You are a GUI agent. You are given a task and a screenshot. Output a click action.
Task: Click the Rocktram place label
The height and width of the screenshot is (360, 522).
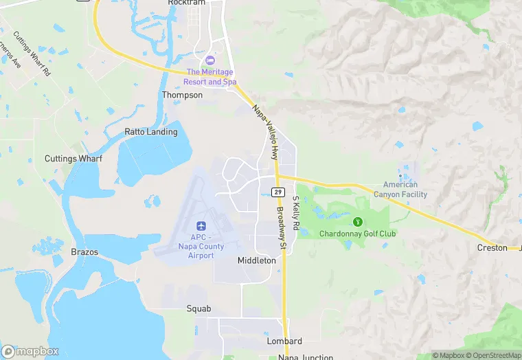186,3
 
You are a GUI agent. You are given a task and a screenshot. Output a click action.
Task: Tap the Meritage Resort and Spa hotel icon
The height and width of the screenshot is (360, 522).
210,60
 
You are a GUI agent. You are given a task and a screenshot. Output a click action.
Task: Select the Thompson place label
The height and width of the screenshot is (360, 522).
182,95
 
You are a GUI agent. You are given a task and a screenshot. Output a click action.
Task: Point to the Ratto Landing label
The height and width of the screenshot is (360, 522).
150,131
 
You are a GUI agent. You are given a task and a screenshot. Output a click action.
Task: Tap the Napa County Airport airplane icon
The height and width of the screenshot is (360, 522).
201,226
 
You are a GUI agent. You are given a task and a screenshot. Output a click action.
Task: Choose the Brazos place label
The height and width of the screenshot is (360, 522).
84,252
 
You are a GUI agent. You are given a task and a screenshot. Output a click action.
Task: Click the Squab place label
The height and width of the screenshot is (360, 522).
198,308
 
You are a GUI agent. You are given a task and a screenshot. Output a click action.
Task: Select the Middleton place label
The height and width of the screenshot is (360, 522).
256,260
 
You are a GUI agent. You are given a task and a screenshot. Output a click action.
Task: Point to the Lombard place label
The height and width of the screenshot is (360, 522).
284,341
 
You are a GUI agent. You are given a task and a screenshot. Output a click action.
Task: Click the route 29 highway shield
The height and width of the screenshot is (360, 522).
277,192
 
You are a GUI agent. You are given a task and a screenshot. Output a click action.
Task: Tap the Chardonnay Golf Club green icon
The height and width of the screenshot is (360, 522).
357,221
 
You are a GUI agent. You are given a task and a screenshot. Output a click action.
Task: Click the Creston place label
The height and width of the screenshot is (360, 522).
492,247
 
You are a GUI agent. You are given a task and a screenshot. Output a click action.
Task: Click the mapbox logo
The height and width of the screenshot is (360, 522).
30,351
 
